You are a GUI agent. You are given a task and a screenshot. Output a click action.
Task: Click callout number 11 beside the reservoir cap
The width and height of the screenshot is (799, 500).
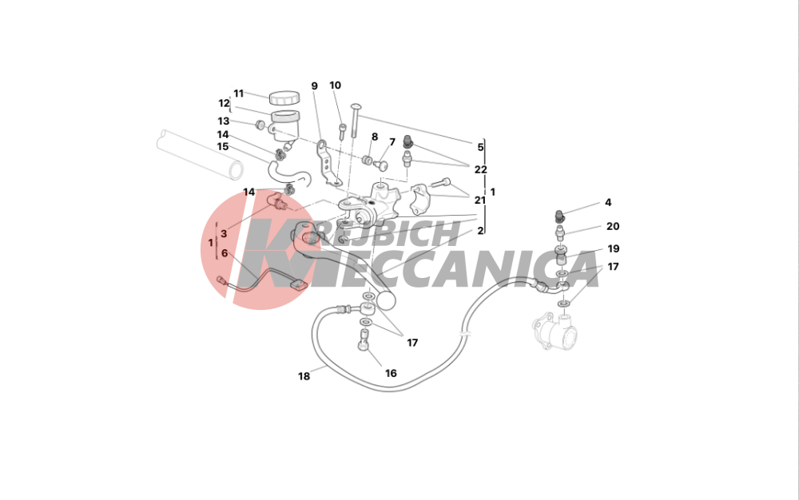coord(238,93)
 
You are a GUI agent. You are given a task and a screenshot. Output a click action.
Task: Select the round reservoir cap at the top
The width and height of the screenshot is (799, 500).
coord(284,97)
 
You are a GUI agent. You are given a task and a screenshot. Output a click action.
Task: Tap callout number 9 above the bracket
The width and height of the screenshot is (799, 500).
coord(314,86)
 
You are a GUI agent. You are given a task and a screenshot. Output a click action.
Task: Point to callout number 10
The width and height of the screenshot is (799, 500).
coord(335,85)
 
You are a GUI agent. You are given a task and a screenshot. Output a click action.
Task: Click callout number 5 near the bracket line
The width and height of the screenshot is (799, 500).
coord(480,147)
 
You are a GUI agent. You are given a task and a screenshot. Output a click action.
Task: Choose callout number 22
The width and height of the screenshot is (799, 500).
coord(480,169)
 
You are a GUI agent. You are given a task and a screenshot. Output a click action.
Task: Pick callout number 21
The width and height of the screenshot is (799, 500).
coord(480,200)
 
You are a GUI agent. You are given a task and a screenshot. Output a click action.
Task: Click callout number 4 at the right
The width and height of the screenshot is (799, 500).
coord(608,203)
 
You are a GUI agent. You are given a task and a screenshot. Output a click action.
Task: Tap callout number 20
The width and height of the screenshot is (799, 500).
coord(613,226)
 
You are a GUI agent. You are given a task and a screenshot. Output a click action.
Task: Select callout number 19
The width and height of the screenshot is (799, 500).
coord(614,248)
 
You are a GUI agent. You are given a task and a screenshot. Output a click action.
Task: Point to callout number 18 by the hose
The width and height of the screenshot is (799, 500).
coord(304,376)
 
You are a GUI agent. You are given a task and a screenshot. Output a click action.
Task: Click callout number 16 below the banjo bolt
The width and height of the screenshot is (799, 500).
coord(391,373)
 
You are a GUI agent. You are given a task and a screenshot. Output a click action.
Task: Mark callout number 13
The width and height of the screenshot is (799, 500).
coord(224,121)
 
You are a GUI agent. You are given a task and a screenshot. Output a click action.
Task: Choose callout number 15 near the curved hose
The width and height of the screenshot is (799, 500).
coord(223,147)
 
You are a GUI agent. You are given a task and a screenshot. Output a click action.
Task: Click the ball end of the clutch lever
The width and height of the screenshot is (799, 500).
coord(386,300)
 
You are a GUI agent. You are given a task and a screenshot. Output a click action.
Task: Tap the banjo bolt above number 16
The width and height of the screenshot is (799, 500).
coord(363,339)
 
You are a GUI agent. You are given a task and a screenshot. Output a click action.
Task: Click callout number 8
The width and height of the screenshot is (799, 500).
coord(375,137)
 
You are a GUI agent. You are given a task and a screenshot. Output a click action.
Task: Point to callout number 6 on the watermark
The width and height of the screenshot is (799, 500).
coord(225,253)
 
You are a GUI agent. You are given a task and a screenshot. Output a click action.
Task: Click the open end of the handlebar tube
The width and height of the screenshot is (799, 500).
coord(236,170)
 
